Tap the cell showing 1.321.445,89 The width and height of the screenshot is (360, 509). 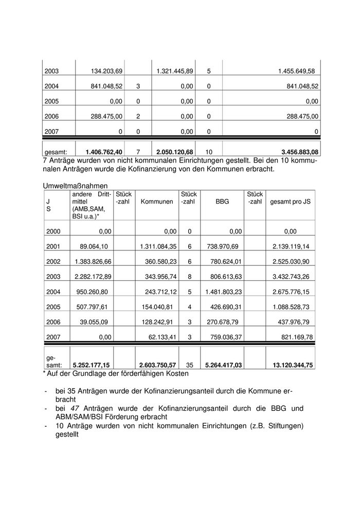174,71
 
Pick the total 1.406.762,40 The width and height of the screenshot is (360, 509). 98,152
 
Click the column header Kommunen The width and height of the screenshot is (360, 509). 157,202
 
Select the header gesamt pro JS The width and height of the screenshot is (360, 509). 291,202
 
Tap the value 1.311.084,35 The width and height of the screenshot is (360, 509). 158,247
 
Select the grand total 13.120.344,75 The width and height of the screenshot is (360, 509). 290,365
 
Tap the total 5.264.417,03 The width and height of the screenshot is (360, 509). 223,365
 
